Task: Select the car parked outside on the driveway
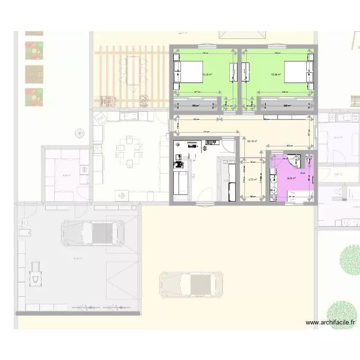(x=192, y=284)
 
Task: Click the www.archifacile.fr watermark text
(x=331, y=323)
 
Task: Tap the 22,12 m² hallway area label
(x=252, y=141)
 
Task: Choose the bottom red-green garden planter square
(x=34, y=97)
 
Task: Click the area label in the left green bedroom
(x=207, y=75)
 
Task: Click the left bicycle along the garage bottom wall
(x=81, y=307)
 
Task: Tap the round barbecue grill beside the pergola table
(x=144, y=100)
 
